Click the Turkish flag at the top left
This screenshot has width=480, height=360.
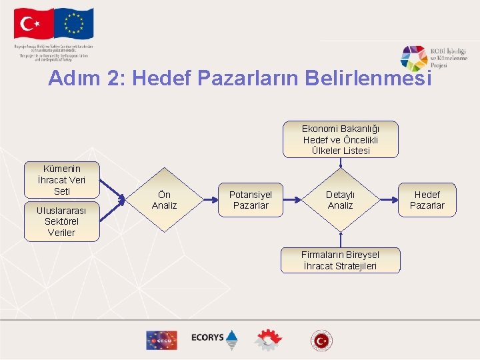[33, 25]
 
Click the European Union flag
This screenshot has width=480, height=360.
[74, 25]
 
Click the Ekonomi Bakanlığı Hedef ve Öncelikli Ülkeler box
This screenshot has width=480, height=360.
[340, 139]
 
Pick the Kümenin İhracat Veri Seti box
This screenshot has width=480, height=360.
[61, 180]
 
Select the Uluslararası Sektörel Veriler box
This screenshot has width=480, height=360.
[61, 221]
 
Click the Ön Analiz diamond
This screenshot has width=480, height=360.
[164, 200]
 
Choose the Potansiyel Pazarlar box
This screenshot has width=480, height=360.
[251, 200]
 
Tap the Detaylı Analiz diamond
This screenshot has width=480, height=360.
[340, 200]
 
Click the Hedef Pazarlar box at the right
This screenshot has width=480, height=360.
[427, 200]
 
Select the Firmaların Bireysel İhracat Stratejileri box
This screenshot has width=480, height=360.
[340, 260]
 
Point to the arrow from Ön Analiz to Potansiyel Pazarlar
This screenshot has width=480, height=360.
[205, 199]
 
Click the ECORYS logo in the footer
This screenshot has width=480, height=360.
[214, 339]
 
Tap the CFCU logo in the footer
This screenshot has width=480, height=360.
[161, 340]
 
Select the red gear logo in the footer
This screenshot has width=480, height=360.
[267, 340]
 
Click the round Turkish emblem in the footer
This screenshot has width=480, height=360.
[321, 340]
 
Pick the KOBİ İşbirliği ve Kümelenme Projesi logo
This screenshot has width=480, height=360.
[433, 58]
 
